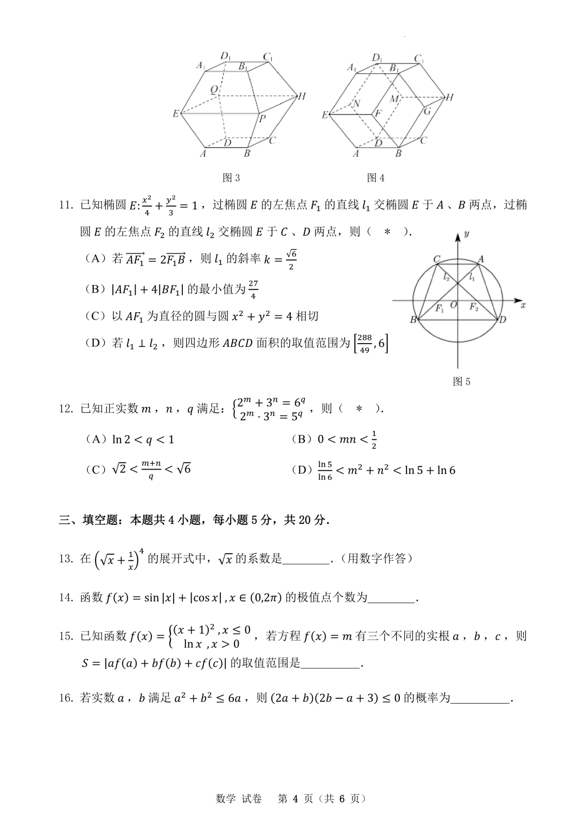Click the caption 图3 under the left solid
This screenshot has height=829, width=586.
click(231, 178)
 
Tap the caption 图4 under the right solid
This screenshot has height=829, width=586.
click(375, 178)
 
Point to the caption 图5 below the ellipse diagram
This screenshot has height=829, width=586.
click(462, 382)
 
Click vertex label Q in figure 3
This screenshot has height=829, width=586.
click(214, 89)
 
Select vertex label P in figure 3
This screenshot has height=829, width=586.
click(262, 118)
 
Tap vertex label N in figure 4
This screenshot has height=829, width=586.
click(356, 104)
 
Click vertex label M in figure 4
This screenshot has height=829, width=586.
click(394, 99)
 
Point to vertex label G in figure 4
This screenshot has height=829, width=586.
click(427, 111)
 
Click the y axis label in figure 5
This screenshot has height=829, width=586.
click(467, 234)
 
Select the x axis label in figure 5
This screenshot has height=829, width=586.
click(523, 306)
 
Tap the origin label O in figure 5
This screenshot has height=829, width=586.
click(454, 305)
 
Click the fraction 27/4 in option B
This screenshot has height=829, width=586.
click(253, 289)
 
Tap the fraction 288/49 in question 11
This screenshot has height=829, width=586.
click(365, 344)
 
